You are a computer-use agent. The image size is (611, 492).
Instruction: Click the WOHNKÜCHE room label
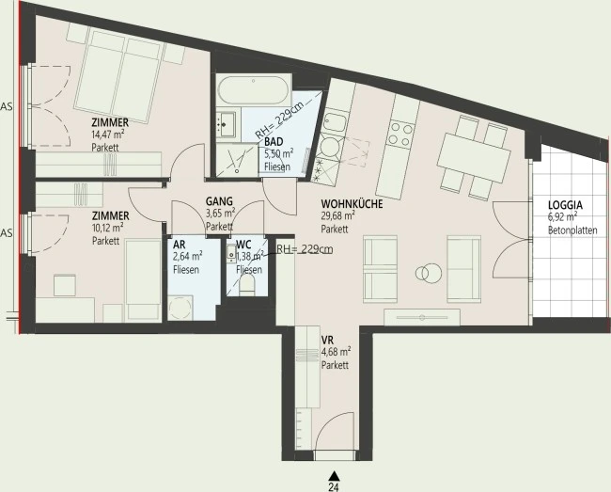[x=352, y=204]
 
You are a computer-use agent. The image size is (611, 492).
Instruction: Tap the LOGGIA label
[x=565, y=205]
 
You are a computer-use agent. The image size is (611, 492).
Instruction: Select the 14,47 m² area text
[x=108, y=135]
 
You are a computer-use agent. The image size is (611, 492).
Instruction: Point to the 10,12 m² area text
[x=108, y=228]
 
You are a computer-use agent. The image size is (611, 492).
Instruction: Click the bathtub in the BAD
[x=253, y=90]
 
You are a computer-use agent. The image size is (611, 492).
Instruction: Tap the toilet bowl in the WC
[x=247, y=285]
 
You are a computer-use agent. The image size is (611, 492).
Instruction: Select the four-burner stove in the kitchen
[x=401, y=134]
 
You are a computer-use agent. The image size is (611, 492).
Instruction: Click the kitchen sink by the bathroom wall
[x=335, y=123]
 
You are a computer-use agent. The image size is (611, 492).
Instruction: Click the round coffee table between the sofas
[x=429, y=272]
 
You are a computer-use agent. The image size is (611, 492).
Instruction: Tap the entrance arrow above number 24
[x=334, y=476]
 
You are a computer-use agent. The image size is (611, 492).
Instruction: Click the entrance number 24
[x=334, y=487]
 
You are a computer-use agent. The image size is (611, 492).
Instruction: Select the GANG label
[x=219, y=201]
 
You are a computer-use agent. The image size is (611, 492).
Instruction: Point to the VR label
[x=327, y=340]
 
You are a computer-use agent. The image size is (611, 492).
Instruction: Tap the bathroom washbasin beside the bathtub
[x=227, y=122]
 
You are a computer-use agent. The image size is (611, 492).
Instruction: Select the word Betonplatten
[x=572, y=230]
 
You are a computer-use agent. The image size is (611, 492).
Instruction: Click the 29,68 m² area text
[x=337, y=216]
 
